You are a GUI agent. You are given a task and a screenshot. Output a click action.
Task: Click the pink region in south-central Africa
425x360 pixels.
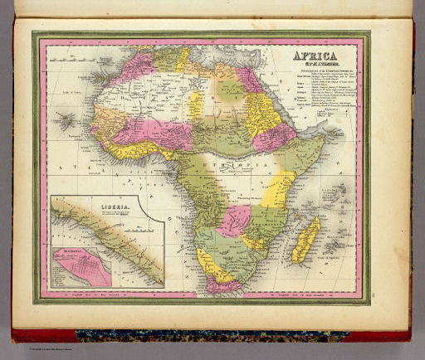[x=234, y=220]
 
